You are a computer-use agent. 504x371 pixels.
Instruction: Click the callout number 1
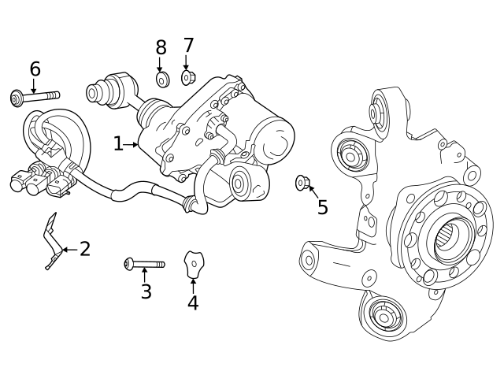tap(118, 144)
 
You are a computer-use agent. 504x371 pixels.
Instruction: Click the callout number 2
tap(85, 250)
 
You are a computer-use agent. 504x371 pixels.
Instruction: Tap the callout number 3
tap(146, 291)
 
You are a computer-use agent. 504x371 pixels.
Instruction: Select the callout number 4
tap(193, 303)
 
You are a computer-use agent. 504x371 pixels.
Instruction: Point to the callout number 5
tap(322, 208)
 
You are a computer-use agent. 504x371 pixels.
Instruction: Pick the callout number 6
tap(35, 69)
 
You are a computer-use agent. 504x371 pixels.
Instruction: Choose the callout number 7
tap(188, 46)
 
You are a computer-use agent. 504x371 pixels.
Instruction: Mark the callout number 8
tap(161, 48)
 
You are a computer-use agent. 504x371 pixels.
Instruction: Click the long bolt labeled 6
tap(35, 98)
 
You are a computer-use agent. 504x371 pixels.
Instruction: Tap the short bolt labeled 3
tap(144, 264)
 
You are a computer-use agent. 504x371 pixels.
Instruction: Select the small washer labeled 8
tap(162, 80)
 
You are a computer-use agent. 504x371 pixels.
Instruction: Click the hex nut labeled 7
tap(187, 77)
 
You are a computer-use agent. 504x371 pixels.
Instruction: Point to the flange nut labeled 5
tap(302, 183)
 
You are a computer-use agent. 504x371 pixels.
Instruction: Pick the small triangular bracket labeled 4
tap(194, 264)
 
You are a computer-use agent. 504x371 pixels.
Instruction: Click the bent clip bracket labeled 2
tap(53, 240)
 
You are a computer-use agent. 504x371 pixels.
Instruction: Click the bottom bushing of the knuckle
tap(384, 317)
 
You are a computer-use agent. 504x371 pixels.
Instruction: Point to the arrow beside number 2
tap(69, 250)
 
